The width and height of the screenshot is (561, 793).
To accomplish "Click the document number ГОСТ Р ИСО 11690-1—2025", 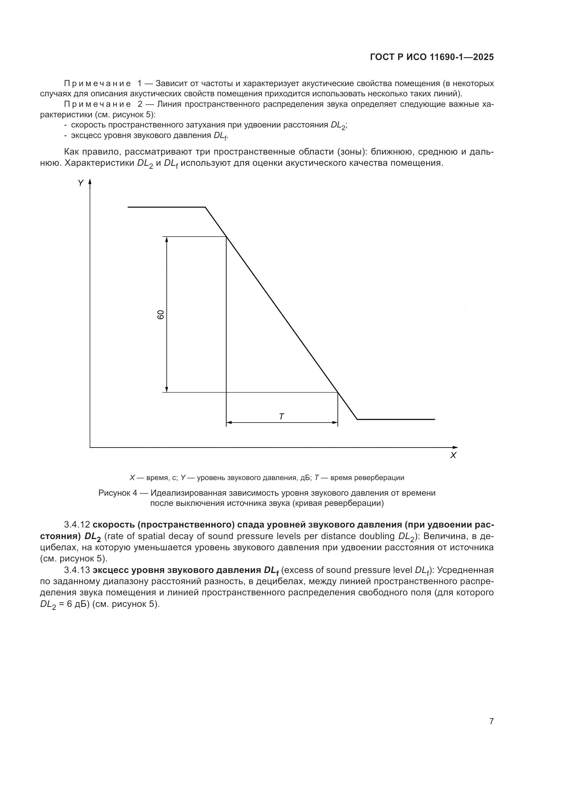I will click(431, 57).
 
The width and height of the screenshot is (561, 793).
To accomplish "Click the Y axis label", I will click(80, 183).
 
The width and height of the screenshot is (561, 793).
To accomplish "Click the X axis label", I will click(453, 456).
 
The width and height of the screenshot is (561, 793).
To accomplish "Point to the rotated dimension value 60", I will click(161, 315).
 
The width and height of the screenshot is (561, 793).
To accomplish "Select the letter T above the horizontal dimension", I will click(281, 417).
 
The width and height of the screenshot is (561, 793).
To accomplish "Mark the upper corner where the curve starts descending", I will click(206, 207).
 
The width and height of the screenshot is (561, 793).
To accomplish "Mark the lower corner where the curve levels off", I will click(357, 419).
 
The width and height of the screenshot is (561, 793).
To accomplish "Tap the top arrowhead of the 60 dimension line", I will click(167, 239).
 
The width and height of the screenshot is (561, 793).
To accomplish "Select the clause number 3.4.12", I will click(77, 524).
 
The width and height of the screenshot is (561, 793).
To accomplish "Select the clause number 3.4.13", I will click(77, 570).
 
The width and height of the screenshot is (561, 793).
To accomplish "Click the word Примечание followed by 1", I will click(97, 84).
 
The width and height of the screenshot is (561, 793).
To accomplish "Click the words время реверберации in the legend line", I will click(367, 478).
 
